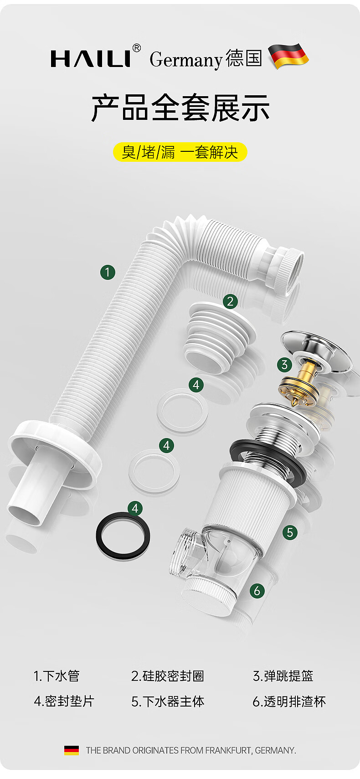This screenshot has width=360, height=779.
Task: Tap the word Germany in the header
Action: pos(186,60)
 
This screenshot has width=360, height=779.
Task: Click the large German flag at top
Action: pos(288,56)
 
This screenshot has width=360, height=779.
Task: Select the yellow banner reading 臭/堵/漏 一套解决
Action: pos(180,152)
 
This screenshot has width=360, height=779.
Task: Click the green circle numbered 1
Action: pos(108,272)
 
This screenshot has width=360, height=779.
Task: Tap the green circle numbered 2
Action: pos(230,301)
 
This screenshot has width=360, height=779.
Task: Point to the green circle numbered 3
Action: pos(284,365)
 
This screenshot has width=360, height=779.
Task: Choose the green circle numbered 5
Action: pos(290,532)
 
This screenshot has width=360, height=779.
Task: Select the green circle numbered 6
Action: pos(257,590)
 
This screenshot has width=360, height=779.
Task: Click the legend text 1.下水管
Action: pos(57,676)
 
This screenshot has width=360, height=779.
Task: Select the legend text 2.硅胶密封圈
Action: pos(168,676)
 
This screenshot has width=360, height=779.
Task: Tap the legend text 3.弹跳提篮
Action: pos(283,676)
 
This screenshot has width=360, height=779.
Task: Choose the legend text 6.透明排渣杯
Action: pos(289,701)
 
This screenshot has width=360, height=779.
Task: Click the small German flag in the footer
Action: pos(71,750)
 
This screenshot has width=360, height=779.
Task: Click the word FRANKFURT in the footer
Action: pos(228,750)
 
